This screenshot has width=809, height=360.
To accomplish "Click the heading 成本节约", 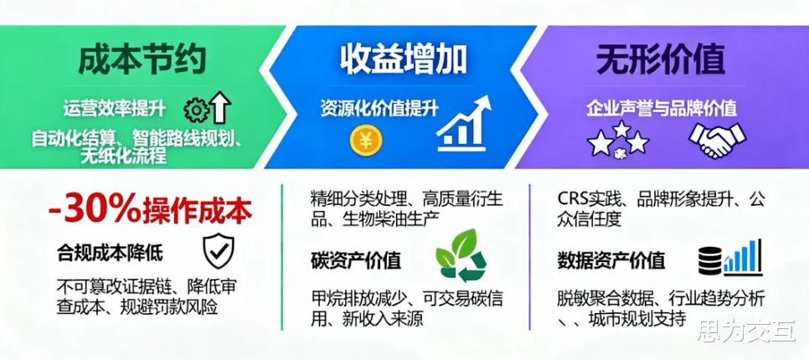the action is (x=142, y=60).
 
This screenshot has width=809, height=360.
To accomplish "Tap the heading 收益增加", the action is (x=404, y=59).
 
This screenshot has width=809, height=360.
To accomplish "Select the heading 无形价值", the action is (x=662, y=60).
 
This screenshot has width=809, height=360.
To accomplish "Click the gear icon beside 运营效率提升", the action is (x=197, y=110).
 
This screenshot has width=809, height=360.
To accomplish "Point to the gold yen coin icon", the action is (x=365, y=140).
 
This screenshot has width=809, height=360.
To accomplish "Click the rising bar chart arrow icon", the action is (x=463, y=123).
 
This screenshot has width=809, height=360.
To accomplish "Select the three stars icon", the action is (x=620, y=138).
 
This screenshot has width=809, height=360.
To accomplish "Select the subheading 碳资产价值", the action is (x=356, y=260).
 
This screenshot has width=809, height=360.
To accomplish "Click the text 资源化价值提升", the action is (x=379, y=109).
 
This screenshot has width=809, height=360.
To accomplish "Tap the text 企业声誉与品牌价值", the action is (x=662, y=109).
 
